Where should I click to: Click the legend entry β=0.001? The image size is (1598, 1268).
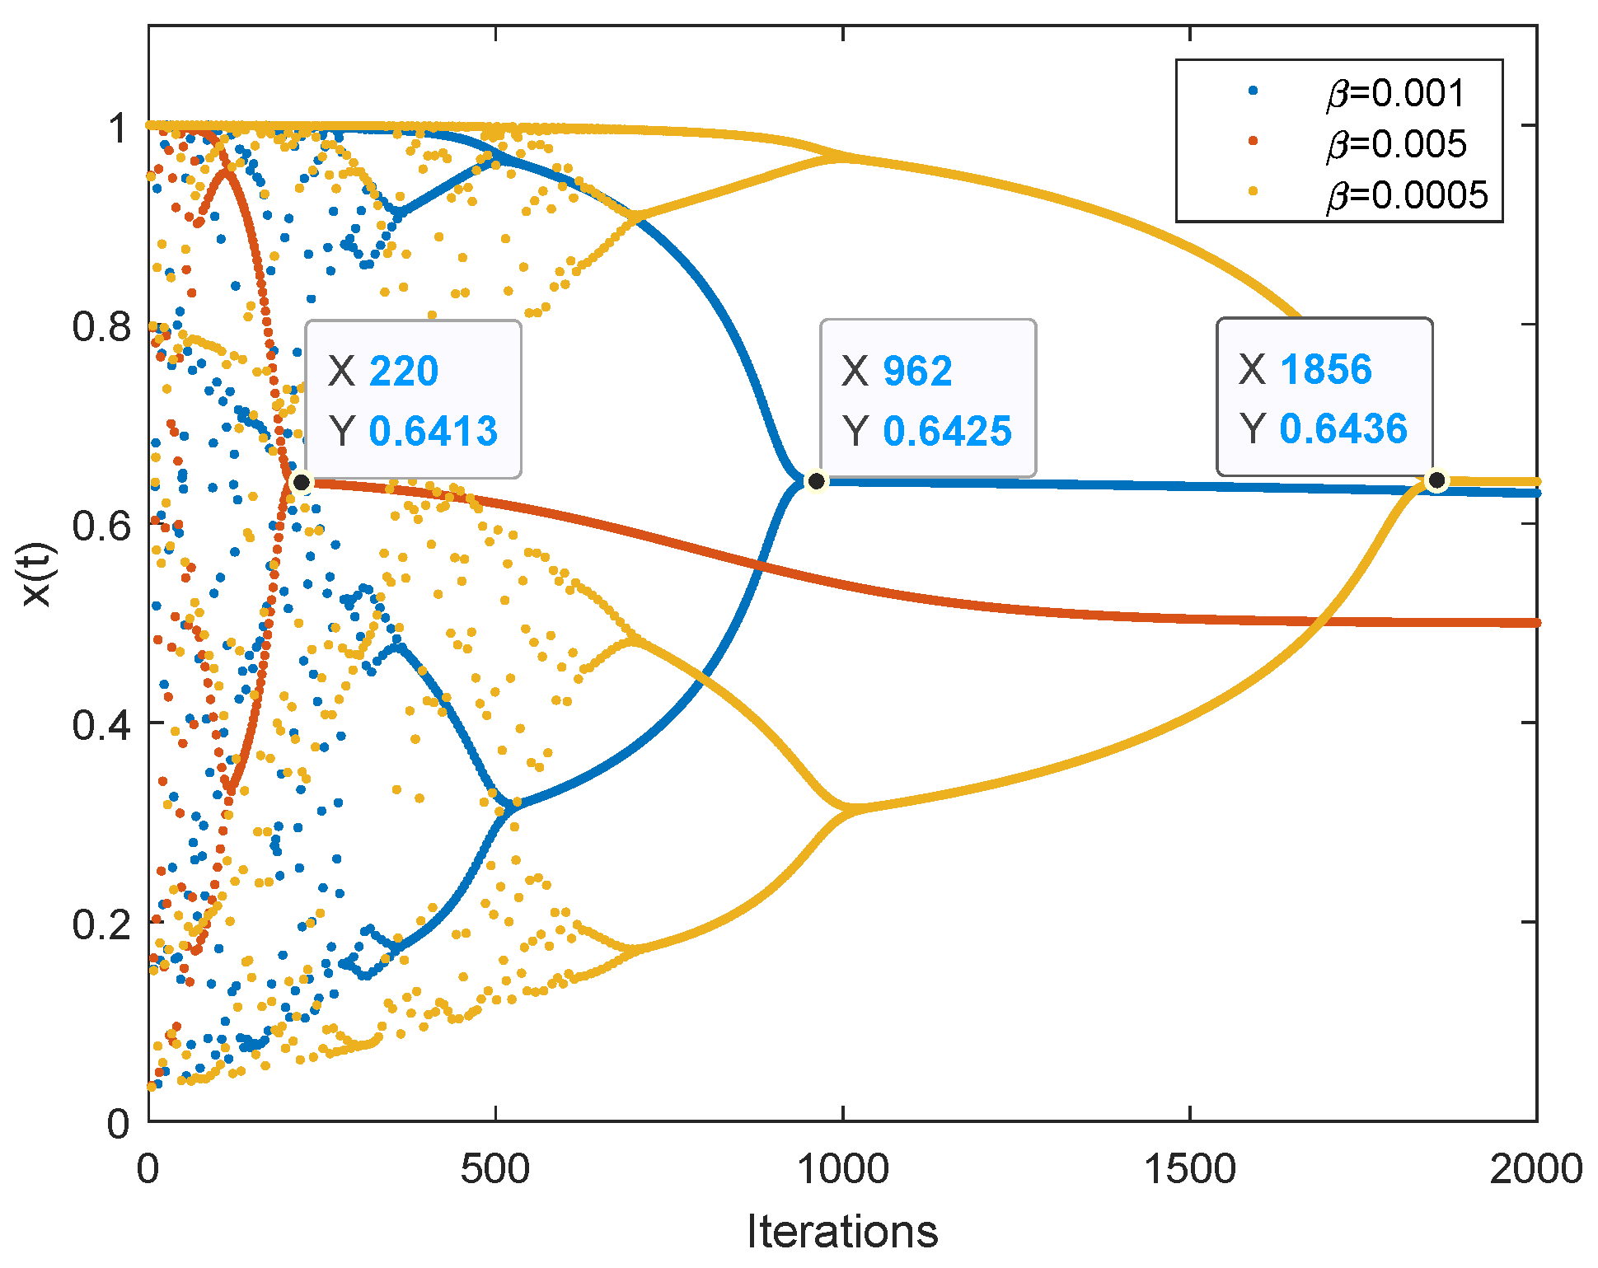click(x=1395, y=93)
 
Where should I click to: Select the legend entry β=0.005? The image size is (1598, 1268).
click(x=1395, y=144)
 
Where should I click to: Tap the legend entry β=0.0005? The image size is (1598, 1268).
click(x=1406, y=195)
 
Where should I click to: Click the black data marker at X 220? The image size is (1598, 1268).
click(x=302, y=482)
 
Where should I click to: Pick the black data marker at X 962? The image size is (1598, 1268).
click(x=817, y=481)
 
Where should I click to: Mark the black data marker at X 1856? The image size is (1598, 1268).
click(x=1437, y=480)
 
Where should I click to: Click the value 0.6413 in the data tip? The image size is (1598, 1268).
click(x=433, y=431)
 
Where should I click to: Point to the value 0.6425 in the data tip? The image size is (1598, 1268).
click(x=947, y=431)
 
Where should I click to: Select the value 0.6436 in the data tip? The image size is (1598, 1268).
click(x=1343, y=428)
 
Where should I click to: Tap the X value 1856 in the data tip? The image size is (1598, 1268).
click(x=1325, y=368)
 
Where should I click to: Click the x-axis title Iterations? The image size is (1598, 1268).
click(x=842, y=1233)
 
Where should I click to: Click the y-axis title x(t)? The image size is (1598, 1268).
click(x=38, y=574)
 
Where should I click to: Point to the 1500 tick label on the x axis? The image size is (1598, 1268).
click(x=1190, y=1168)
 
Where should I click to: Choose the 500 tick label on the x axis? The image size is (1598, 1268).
click(x=494, y=1168)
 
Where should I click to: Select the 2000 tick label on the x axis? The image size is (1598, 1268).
click(x=1535, y=1168)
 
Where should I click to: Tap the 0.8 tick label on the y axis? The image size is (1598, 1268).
click(x=101, y=326)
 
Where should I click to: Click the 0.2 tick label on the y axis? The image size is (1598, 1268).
click(x=101, y=924)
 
